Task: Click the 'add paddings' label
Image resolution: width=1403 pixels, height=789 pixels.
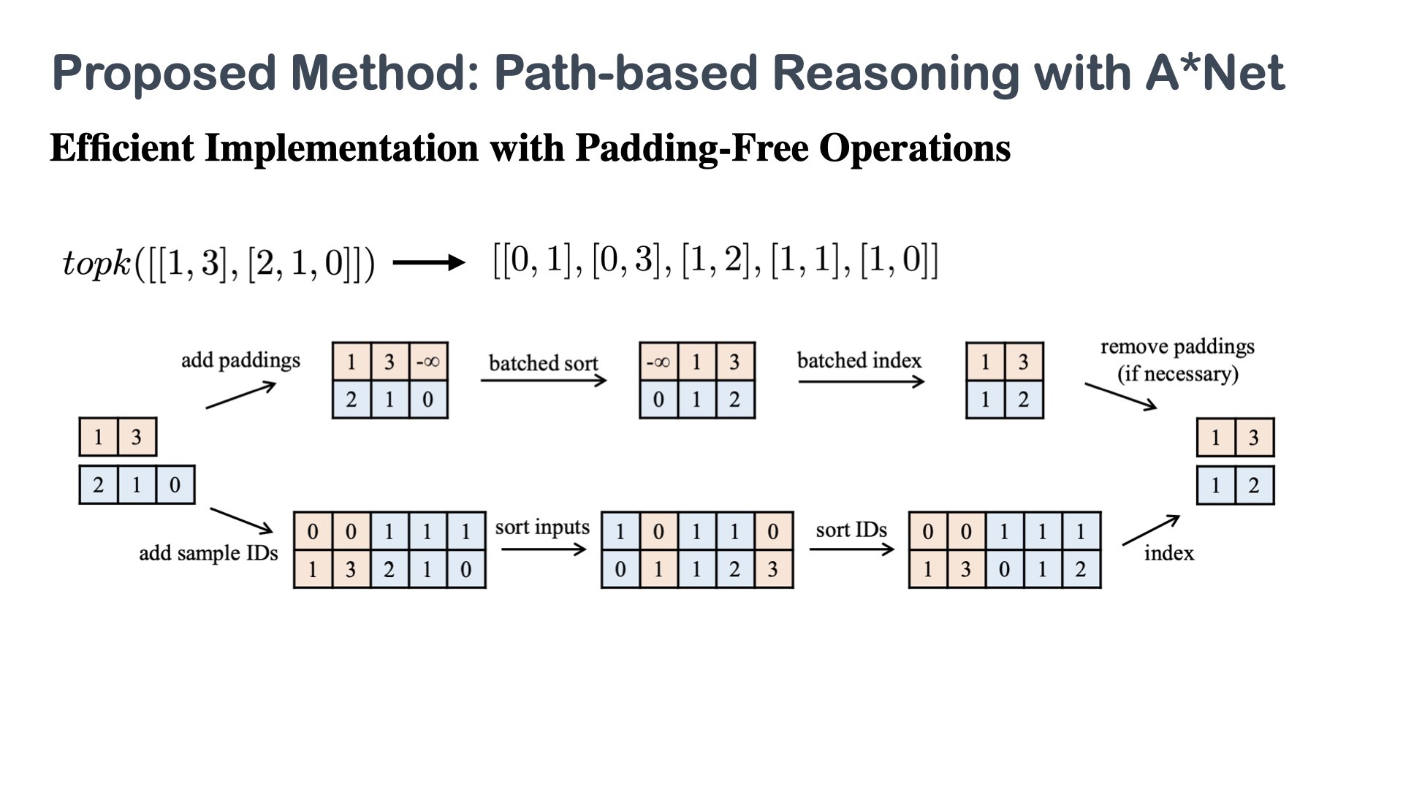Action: point(240,361)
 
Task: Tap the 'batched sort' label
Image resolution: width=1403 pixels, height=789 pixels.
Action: point(543,363)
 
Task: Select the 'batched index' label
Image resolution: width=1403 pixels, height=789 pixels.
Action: point(859,361)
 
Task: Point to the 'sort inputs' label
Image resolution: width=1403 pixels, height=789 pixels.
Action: point(541,527)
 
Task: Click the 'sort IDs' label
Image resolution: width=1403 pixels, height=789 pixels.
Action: point(851,530)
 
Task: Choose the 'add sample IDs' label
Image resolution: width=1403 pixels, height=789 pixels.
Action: point(208,553)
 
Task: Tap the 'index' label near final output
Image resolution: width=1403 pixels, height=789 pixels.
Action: point(1168,554)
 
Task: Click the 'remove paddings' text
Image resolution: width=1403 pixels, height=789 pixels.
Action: point(1177,347)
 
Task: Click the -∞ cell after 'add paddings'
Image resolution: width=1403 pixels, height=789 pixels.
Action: point(428,362)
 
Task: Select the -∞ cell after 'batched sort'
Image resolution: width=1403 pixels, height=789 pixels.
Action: point(658,362)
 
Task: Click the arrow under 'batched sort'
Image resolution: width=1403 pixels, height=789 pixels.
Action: point(544,381)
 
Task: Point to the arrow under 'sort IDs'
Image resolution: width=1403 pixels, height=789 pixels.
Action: point(851,549)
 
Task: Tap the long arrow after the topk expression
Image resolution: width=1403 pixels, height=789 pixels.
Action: point(429,262)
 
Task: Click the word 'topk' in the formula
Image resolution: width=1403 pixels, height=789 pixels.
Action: point(96,263)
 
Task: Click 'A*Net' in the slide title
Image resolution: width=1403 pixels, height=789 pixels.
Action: point(1214,73)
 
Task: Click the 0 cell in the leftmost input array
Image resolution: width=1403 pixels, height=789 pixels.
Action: point(175,485)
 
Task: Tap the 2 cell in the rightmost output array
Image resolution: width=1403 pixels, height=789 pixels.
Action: point(1254,485)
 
